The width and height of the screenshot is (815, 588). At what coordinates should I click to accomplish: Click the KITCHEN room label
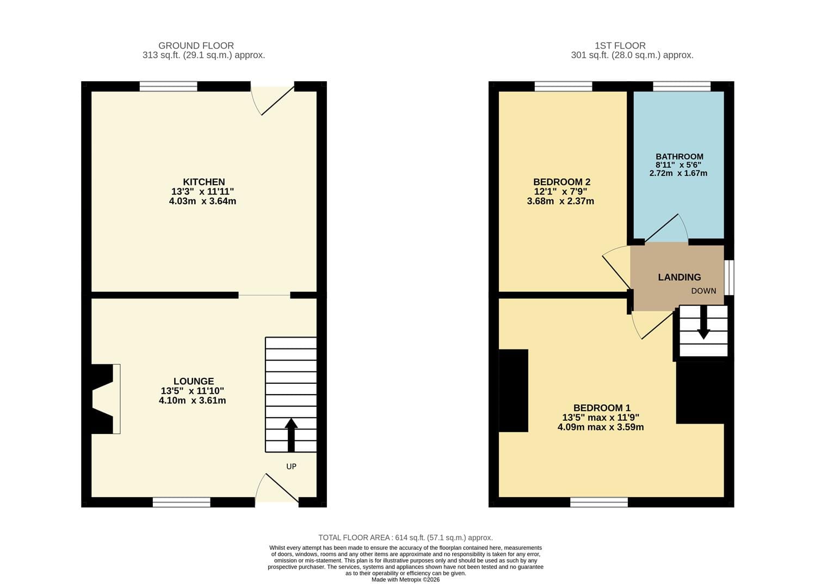point(203,182)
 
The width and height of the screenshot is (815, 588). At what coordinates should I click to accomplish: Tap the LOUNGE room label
point(194,381)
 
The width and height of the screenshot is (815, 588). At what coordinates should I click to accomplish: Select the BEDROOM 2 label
point(562,182)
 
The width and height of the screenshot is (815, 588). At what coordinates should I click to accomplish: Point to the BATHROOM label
point(680,157)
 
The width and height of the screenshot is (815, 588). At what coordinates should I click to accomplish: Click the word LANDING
point(680,277)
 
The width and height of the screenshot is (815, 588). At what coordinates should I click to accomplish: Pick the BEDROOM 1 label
point(602,408)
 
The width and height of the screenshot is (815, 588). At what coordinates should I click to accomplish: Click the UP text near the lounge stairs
point(291,467)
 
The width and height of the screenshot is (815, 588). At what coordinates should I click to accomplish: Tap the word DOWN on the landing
point(703,291)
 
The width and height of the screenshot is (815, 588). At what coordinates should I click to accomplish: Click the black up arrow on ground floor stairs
point(291,435)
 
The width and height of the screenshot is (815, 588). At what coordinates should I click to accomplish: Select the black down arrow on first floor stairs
point(703,322)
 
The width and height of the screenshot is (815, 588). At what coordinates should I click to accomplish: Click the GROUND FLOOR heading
point(196,46)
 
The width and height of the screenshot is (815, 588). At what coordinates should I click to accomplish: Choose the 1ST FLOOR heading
point(620,46)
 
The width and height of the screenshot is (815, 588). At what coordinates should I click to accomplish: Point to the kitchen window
point(169,86)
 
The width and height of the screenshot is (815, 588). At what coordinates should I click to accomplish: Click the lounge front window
point(182,502)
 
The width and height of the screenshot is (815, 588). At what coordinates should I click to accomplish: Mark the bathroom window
point(682,86)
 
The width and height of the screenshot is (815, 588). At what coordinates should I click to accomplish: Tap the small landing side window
point(729,277)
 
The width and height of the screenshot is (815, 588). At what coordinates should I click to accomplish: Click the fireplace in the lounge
point(106,399)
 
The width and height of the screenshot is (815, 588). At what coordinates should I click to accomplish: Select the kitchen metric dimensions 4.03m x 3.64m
point(202,201)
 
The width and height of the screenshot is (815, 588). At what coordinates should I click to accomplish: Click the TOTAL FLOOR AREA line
point(405,537)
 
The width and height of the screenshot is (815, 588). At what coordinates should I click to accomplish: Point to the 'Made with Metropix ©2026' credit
point(405,580)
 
